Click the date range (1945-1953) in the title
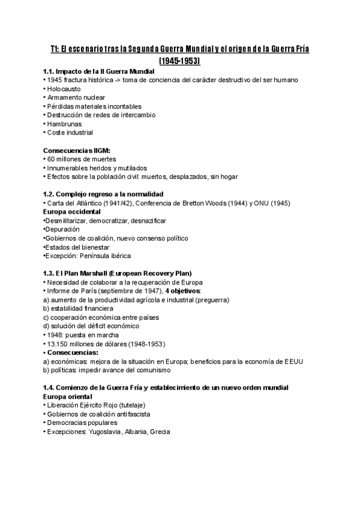pos(179,61)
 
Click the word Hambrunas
pos(65,124)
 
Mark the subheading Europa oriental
pos(68,397)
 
